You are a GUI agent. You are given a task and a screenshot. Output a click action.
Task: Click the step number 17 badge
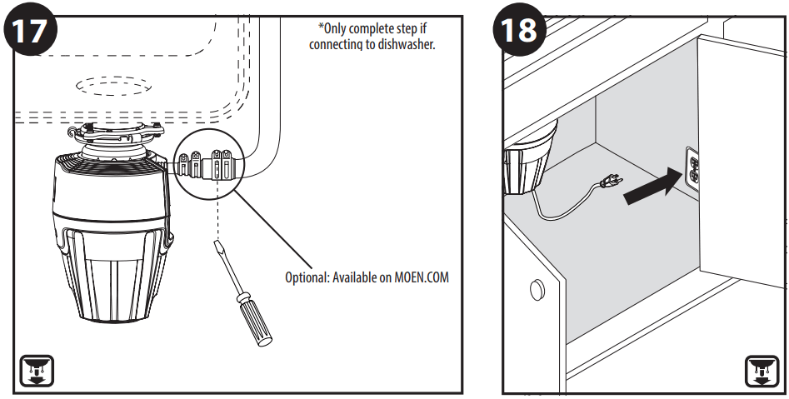pos(32,31)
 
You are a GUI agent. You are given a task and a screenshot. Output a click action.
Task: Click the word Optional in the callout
pos(307,277)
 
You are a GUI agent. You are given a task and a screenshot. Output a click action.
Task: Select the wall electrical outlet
pos(693,169)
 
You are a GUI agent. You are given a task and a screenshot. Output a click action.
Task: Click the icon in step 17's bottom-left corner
pos(36,370)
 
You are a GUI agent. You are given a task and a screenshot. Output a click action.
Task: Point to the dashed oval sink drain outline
pos(113,86)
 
